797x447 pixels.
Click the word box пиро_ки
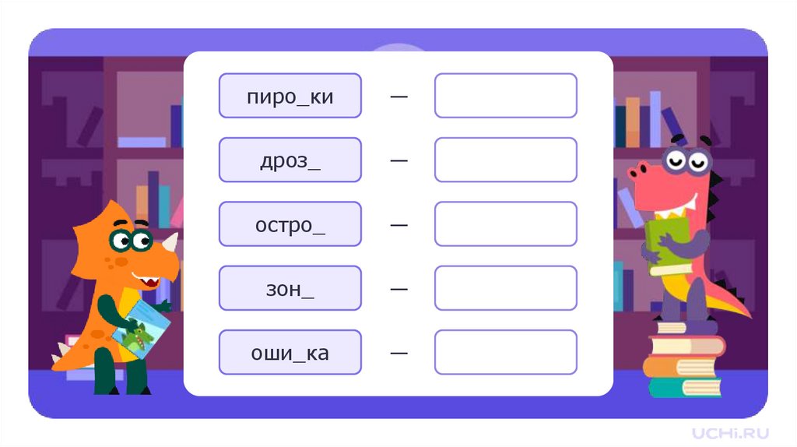pyautogui.click(x=290, y=96)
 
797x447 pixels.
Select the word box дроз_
pyautogui.click(x=290, y=160)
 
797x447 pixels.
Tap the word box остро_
pyautogui.click(x=290, y=224)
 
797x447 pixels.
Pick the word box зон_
pyautogui.click(x=290, y=288)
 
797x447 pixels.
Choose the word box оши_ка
pyautogui.click(x=290, y=352)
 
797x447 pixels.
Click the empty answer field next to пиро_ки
pyautogui.click(x=505, y=96)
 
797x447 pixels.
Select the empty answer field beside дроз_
pyautogui.click(x=505, y=160)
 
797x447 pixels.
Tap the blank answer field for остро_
pyautogui.click(x=505, y=224)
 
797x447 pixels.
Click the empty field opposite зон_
pyautogui.click(x=505, y=288)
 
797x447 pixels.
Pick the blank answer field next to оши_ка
pyautogui.click(x=505, y=352)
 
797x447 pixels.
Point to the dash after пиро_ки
pyautogui.click(x=398, y=97)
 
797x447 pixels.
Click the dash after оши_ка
pyautogui.click(x=398, y=353)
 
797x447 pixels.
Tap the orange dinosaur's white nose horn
pyautogui.click(x=170, y=242)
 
